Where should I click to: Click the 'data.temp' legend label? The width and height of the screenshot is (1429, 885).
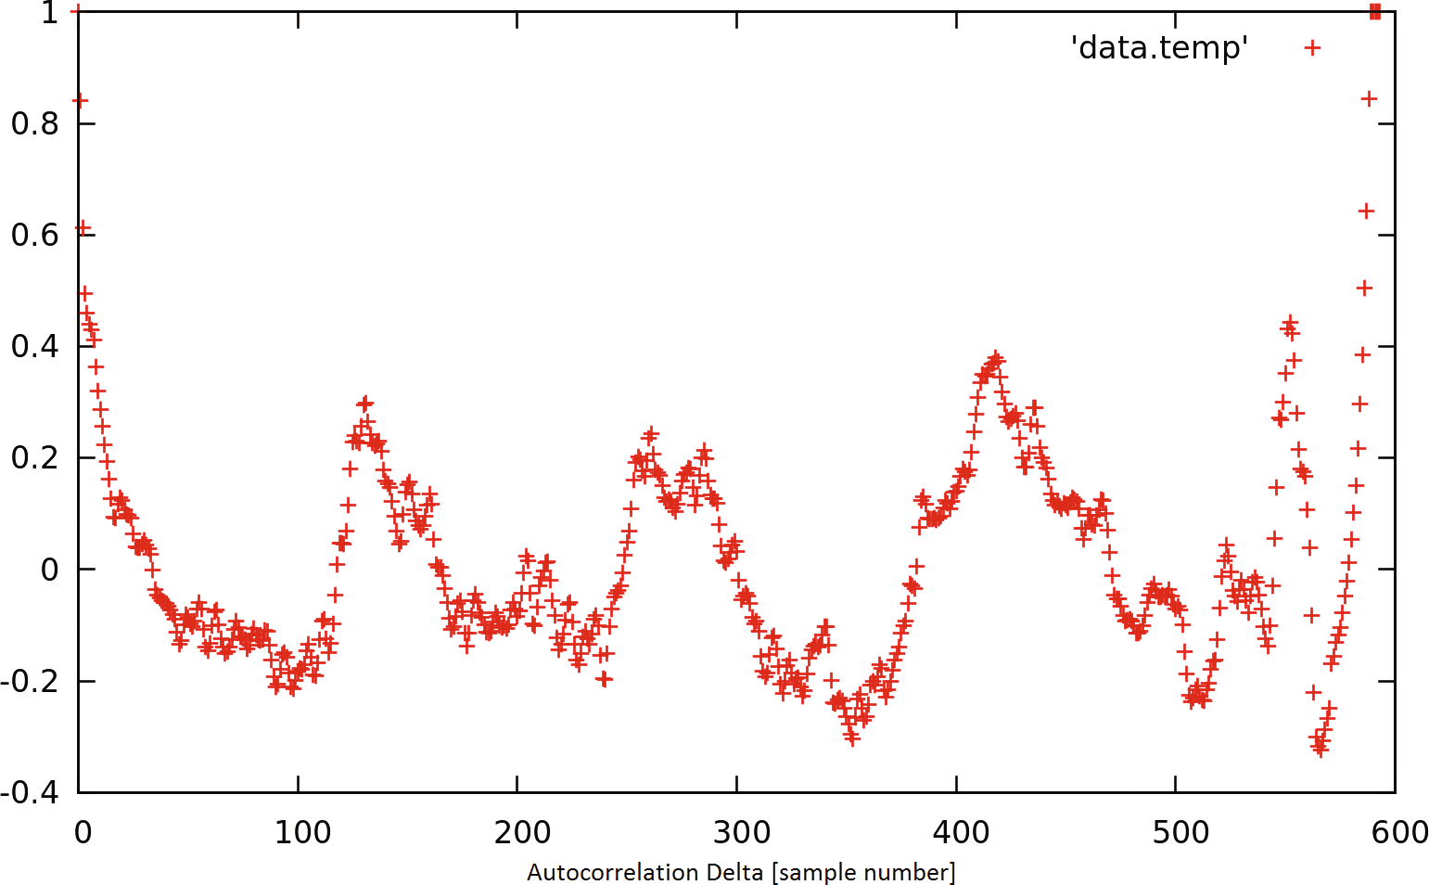click(1159, 47)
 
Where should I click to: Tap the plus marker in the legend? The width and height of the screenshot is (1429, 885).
click(1312, 47)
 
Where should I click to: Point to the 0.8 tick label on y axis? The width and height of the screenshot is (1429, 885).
click(35, 123)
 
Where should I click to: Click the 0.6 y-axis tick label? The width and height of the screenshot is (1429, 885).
click(35, 235)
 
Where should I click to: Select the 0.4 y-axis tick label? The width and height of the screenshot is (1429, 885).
click(35, 346)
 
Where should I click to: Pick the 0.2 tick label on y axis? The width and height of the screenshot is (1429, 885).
click(35, 457)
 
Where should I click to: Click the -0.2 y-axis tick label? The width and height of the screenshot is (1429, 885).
click(31, 681)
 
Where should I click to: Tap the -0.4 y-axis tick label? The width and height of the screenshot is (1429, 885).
click(31, 792)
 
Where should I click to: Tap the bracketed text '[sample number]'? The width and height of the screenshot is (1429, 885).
click(862, 873)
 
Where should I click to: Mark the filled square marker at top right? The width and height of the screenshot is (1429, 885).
click(1375, 11)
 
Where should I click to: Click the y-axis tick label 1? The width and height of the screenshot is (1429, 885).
click(50, 13)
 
